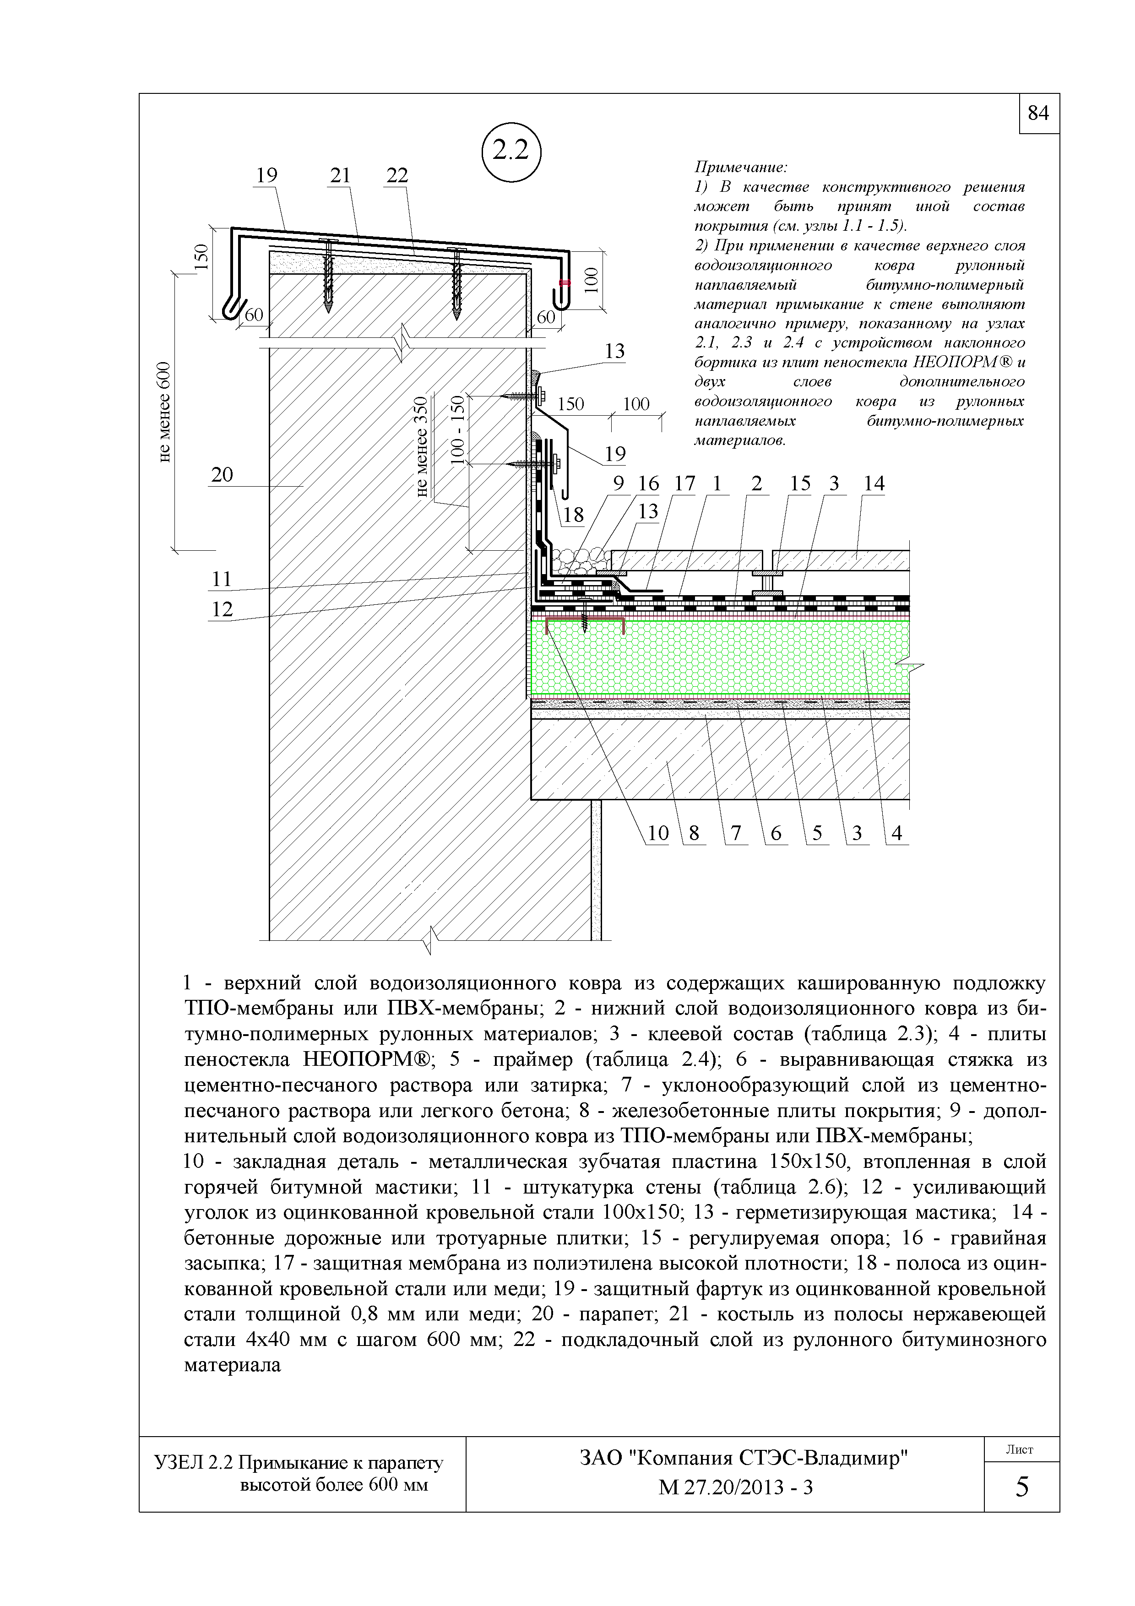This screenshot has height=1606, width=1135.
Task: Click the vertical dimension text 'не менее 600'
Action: click(163, 412)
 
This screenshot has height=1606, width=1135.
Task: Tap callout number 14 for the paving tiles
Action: click(874, 483)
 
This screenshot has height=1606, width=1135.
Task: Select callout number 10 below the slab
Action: click(658, 833)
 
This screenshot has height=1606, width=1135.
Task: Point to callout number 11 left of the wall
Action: click(222, 579)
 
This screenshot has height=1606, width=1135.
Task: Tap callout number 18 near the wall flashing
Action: click(573, 515)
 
